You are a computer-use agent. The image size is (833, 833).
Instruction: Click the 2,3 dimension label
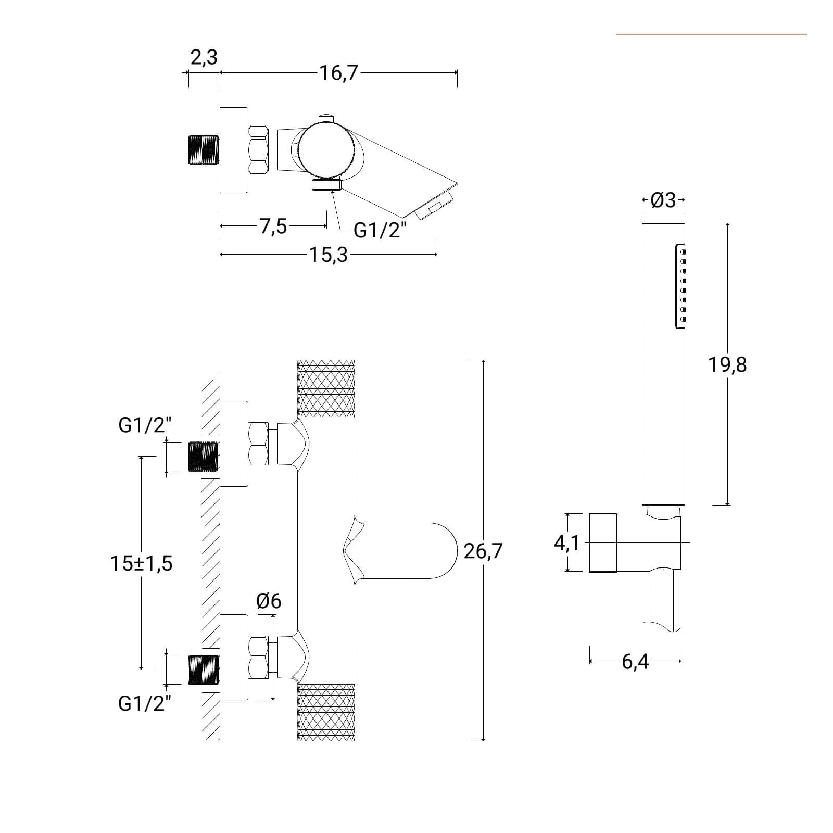(204, 57)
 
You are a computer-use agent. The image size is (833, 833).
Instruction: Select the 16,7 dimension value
(339, 73)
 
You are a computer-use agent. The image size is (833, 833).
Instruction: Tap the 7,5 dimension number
(273, 226)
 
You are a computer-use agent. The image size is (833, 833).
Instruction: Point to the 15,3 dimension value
(329, 255)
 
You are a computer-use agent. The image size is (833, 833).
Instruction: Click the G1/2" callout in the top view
(378, 230)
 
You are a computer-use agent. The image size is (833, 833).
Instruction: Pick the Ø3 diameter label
(663, 200)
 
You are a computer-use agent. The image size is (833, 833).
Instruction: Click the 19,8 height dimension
(727, 365)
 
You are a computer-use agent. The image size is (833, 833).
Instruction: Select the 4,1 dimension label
(566, 543)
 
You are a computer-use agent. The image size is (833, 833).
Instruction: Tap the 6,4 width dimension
(635, 662)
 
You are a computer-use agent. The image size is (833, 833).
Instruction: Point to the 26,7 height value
(483, 550)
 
